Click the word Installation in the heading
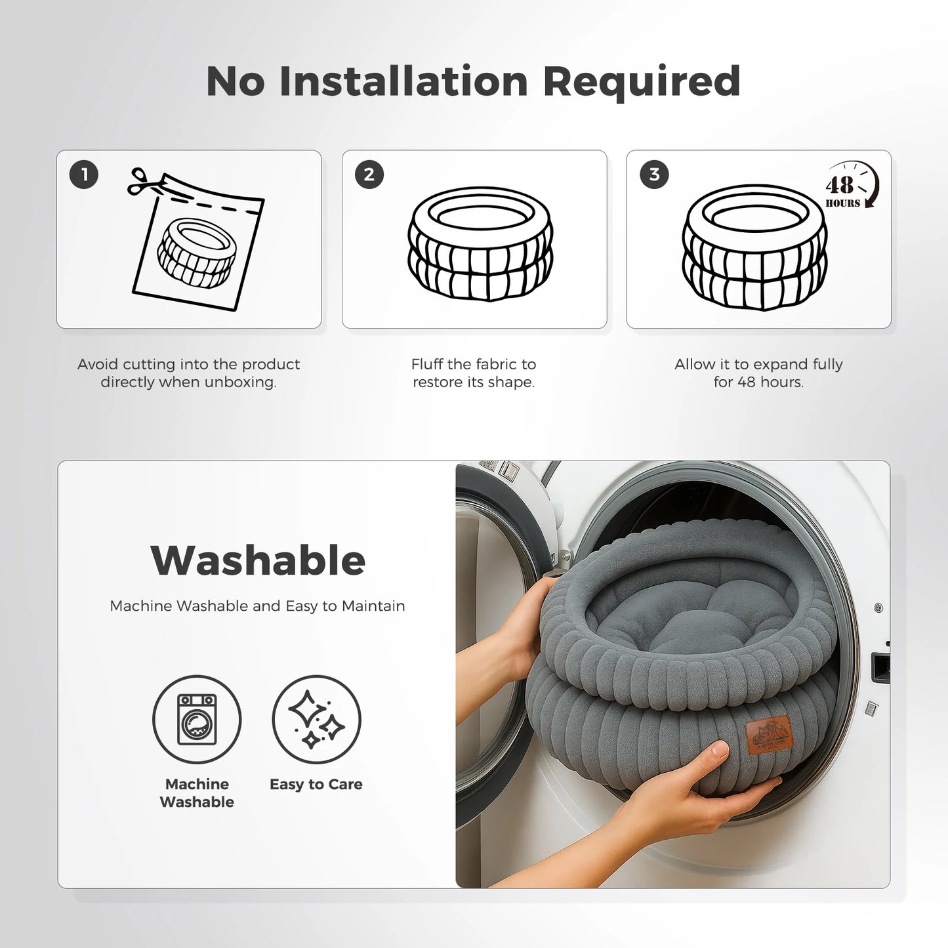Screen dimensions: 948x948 pos(403,81)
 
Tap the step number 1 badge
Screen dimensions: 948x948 pos(83,175)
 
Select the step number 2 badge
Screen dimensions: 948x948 pos(369,175)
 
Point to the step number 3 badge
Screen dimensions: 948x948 pos(654,175)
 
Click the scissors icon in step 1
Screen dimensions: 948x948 pos(144,182)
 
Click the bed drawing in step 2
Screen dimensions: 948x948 pos(480,244)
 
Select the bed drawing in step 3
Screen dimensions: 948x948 pos(754,247)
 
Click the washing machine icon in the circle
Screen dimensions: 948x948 pos(197,719)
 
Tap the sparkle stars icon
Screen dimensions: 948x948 pos(316,719)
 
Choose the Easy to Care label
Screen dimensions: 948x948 pos(316,784)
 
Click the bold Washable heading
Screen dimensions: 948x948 pos(258,561)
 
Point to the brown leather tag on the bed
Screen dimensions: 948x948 pos(770,735)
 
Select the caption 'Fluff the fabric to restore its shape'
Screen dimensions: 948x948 pos(473,373)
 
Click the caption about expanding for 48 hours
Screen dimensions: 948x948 pos(758,373)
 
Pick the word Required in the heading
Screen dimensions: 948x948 pos(642,83)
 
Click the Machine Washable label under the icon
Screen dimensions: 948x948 pos(197,793)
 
